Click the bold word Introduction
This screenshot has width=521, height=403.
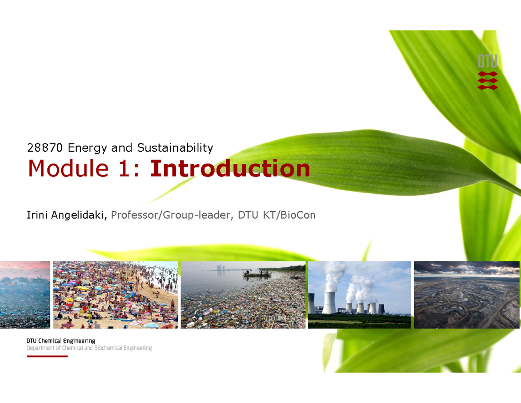coord(230,169)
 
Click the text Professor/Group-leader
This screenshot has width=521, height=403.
coord(170,215)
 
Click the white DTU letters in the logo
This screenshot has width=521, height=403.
coord(487,61)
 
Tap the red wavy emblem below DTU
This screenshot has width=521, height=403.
coord(488,80)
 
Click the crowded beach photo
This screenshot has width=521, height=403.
coord(115,295)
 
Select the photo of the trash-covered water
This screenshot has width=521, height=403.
coord(243,300)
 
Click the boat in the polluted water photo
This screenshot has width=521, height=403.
coord(257,273)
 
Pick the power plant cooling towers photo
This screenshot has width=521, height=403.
coord(359,295)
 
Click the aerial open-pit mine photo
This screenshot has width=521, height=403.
coord(466,295)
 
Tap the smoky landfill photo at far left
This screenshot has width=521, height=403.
coord(25,295)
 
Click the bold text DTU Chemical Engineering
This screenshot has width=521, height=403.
coord(61,341)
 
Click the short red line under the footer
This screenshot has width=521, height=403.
coord(47,356)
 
